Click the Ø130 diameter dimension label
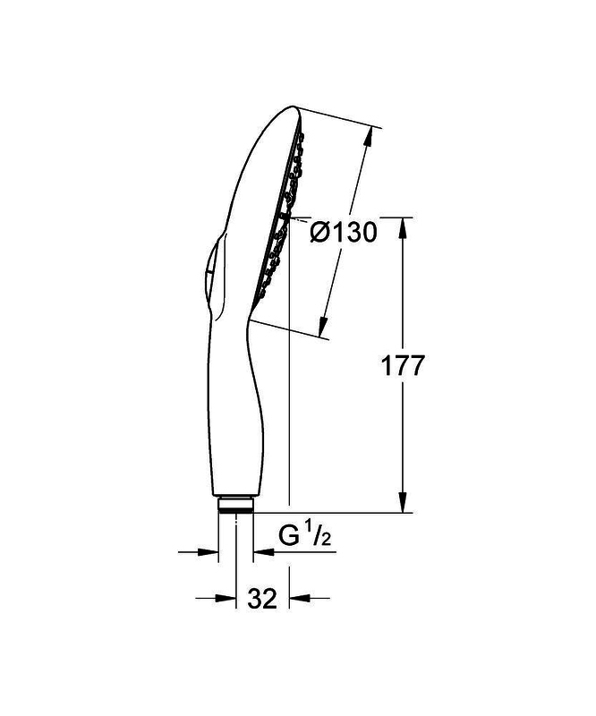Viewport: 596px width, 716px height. coord(344,232)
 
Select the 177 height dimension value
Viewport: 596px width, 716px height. coord(403,365)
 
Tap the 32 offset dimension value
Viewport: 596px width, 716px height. coord(262,598)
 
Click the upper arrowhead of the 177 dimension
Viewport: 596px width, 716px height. coord(403,228)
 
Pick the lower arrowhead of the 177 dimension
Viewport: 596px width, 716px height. coord(403,502)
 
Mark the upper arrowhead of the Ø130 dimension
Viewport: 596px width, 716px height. coord(369,136)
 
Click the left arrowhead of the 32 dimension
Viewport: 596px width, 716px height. coord(226,598)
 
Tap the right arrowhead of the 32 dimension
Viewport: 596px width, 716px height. coord(300,598)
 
